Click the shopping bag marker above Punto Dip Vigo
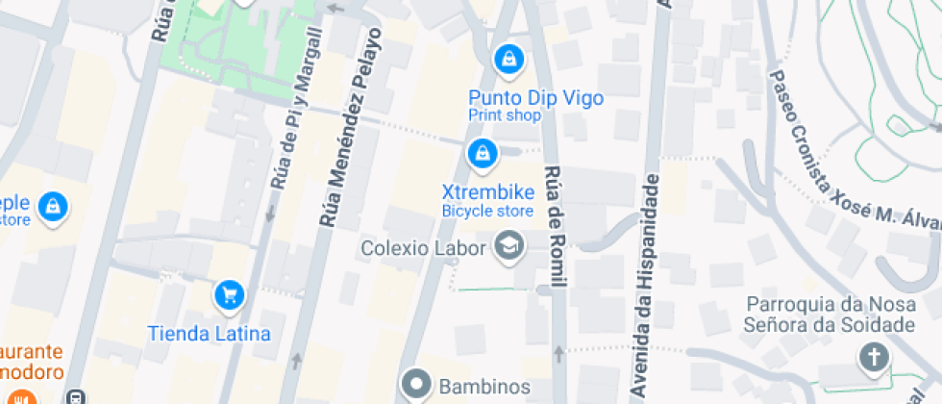coord(508,61)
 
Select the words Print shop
coord(504,115)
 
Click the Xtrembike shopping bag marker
coord(481,152)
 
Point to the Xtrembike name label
coord(487,191)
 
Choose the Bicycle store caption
coord(487,211)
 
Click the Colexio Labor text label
coord(424,248)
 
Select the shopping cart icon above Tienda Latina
coord(228,294)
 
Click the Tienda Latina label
coord(209,334)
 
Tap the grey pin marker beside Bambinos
coord(417,385)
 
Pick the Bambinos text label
coord(484,387)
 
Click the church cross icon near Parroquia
coord(874,359)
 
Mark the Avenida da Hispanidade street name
coord(646,287)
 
